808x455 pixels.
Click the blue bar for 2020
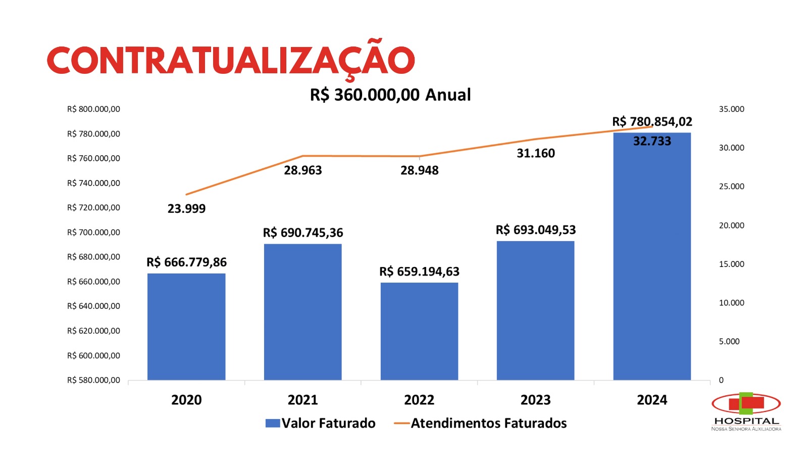(x=186, y=327)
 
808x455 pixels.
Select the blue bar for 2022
(x=419, y=331)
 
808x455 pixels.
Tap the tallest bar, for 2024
(x=652, y=263)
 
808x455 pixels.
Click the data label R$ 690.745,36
(x=303, y=233)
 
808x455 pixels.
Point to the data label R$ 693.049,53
(x=536, y=230)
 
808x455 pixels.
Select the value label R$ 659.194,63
(x=419, y=271)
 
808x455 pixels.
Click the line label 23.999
(x=186, y=208)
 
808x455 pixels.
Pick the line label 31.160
(x=536, y=153)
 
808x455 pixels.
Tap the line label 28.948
(x=419, y=170)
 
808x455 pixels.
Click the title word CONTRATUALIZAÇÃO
(x=231, y=61)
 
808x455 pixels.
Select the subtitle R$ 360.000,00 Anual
(x=390, y=95)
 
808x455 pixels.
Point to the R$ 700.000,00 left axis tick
(x=93, y=232)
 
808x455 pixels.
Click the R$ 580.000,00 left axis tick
(x=93, y=380)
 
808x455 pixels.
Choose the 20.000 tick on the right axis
(x=731, y=225)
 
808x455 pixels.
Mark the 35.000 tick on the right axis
(x=731, y=109)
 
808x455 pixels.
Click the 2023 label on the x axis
(x=536, y=400)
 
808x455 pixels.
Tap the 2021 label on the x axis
(x=303, y=400)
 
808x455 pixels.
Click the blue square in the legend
(x=273, y=423)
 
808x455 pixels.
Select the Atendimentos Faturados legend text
(x=488, y=423)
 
